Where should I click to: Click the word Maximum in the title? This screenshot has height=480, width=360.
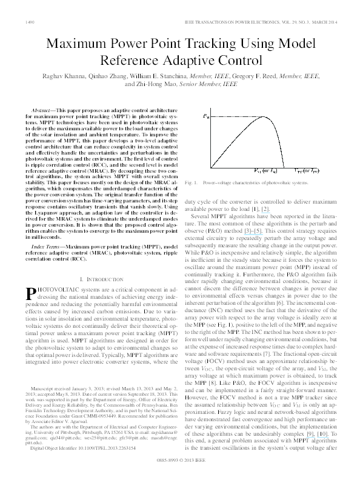(76, 44)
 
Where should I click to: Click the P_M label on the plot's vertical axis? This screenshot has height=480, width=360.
(206, 115)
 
